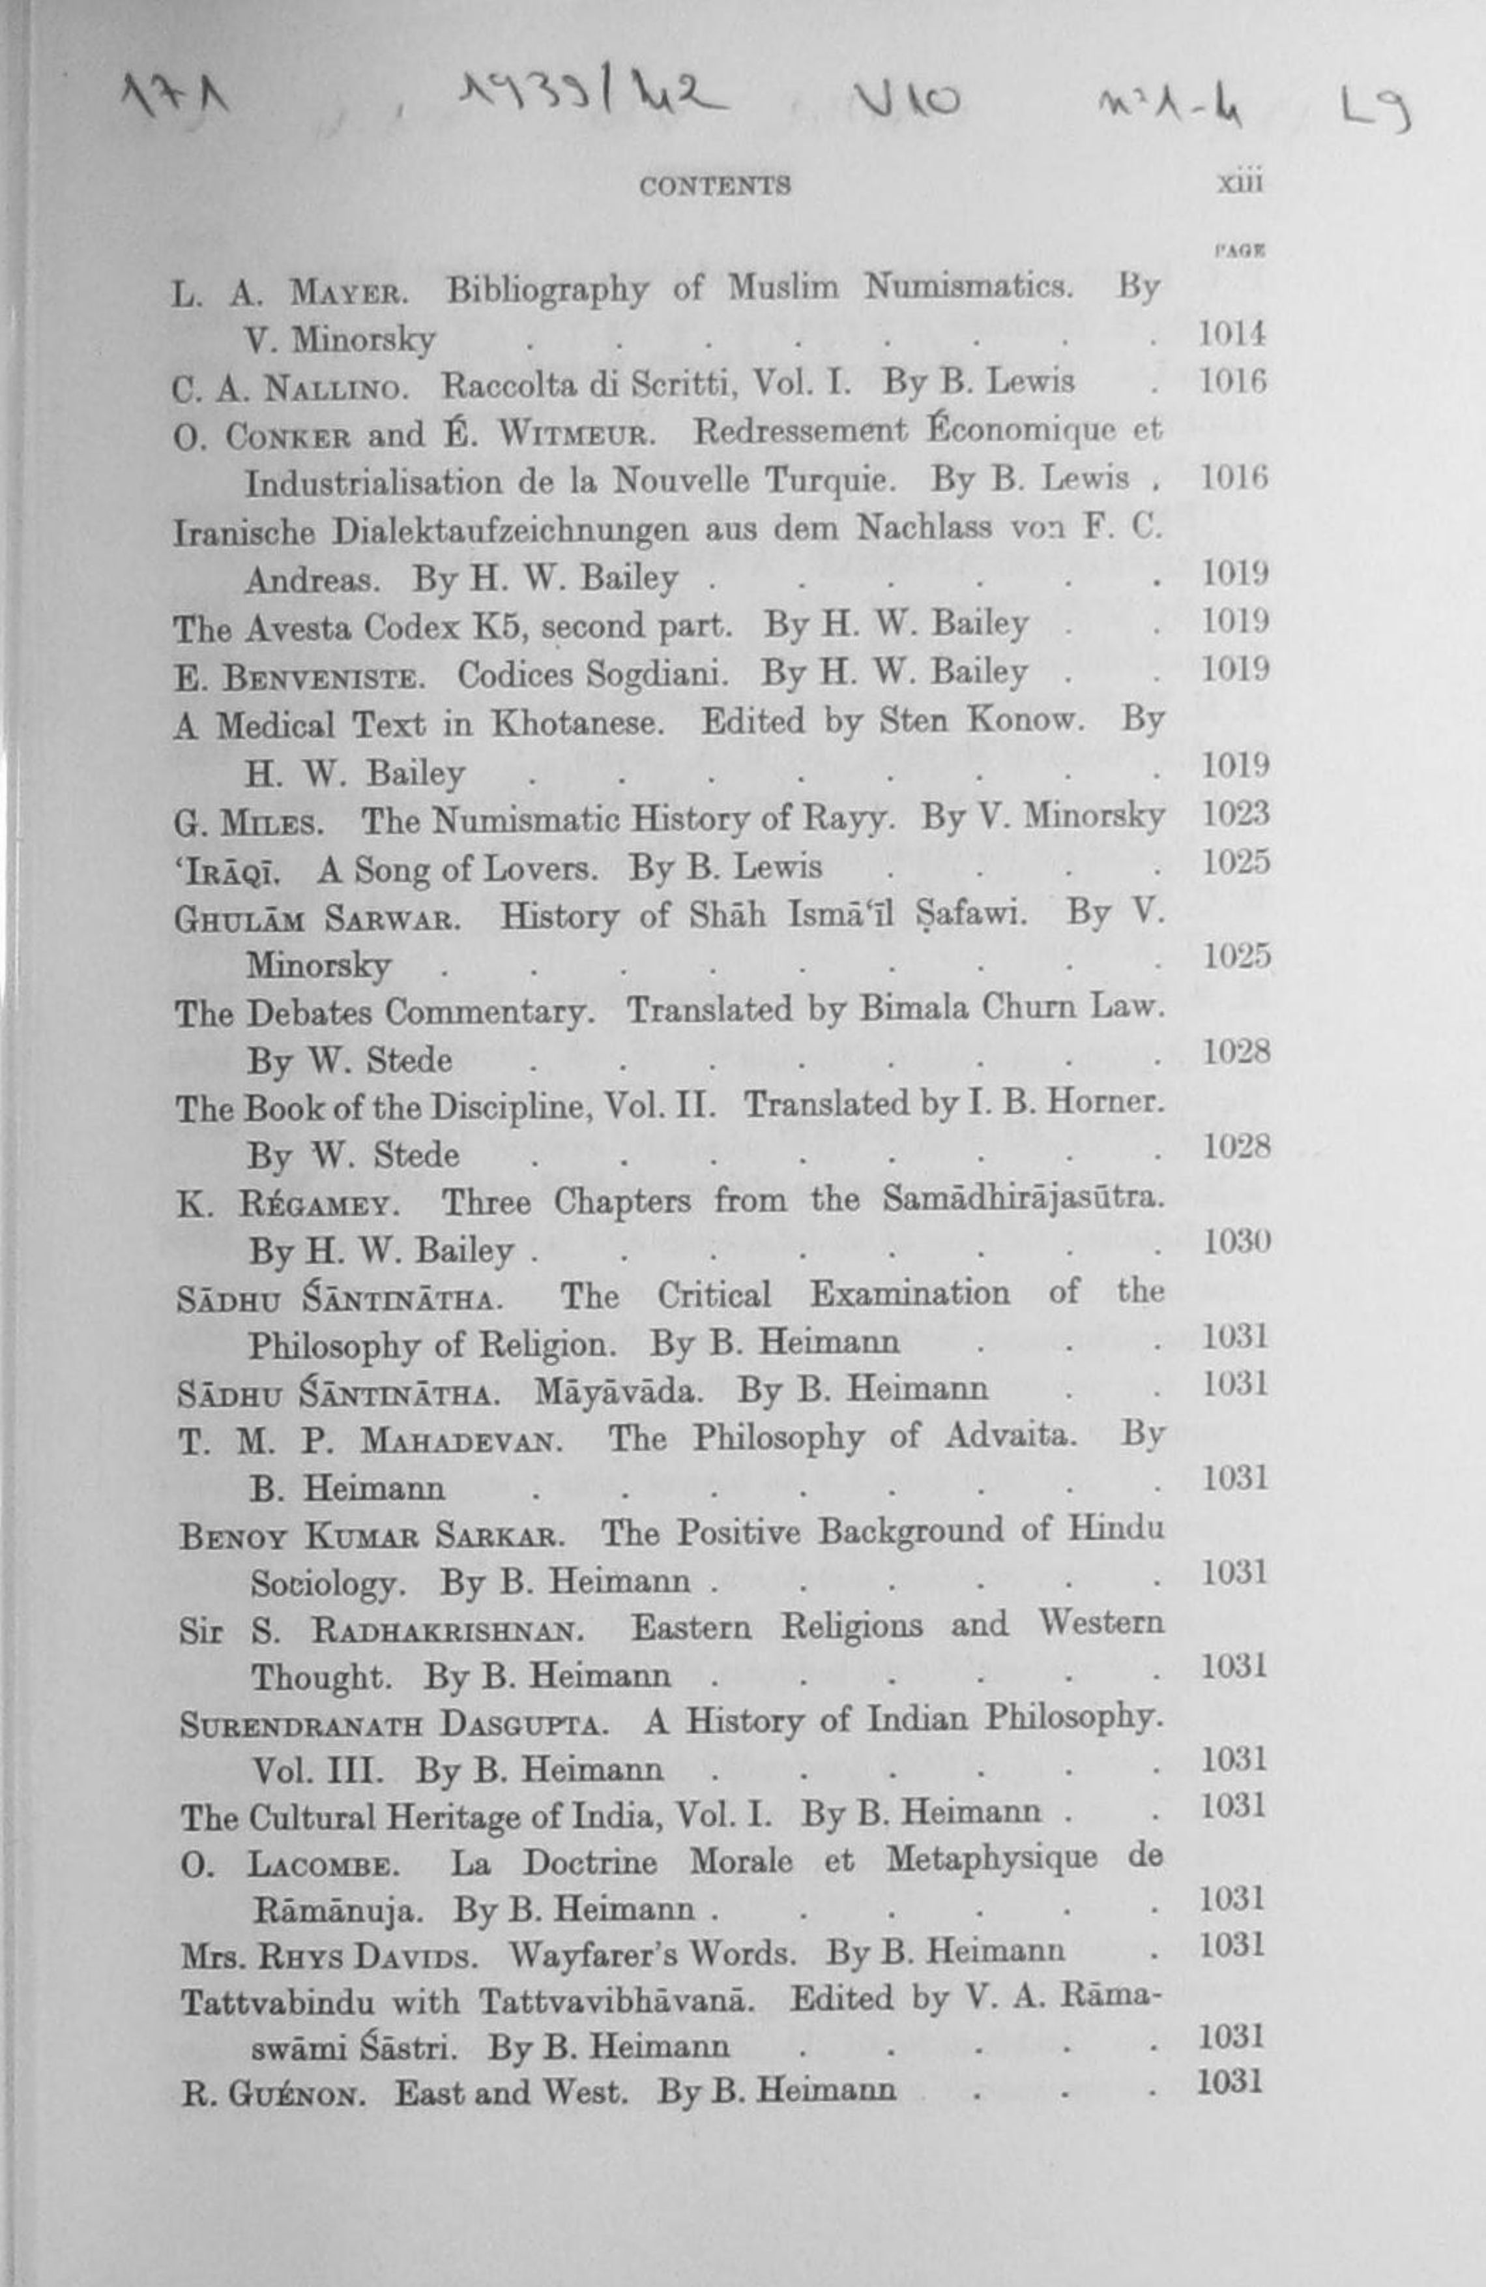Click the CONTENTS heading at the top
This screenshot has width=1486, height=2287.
pos(716,185)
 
